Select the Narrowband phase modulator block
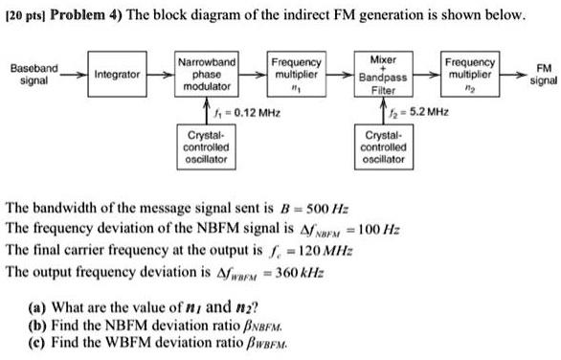click(x=207, y=75)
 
